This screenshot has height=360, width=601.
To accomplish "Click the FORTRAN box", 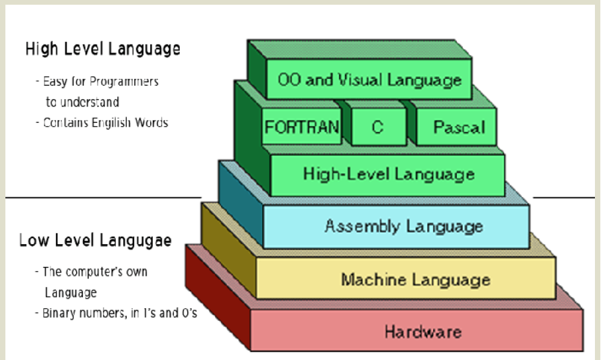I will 302,127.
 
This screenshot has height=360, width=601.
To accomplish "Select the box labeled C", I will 377,127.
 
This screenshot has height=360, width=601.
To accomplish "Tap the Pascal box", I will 459,127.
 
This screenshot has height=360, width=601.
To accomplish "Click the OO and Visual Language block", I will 369,80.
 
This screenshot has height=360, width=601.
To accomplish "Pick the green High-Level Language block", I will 388,174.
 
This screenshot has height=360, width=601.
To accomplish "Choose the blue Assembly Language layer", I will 403,226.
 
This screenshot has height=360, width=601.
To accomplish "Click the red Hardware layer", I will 422,331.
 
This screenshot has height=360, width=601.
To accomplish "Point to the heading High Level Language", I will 102,49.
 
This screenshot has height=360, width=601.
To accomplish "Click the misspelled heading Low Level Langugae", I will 95,240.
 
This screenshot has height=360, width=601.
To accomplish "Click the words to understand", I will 82,102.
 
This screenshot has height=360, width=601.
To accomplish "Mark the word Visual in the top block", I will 368,80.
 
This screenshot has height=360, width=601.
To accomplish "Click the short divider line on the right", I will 554,198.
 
